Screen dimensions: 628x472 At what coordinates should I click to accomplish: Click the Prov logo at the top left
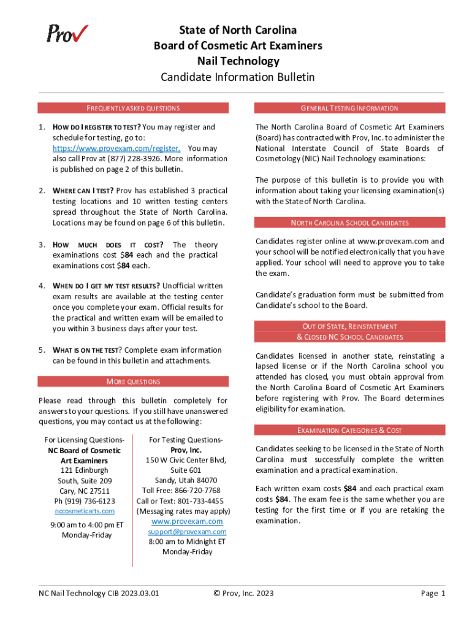tap(67, 33)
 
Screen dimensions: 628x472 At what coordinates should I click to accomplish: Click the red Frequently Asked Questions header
tap(133, 109)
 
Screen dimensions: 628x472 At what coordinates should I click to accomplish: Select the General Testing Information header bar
tap(349, 109)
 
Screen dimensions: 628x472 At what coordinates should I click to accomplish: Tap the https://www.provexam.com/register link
tap(116, 148)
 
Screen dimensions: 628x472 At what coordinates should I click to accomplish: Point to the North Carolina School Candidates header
tap(349, 223)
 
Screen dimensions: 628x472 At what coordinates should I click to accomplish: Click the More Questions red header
tap(133, 382)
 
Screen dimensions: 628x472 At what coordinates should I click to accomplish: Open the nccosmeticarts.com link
tap(85, 511)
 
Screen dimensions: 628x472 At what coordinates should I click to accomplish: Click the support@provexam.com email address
tap(187, 532)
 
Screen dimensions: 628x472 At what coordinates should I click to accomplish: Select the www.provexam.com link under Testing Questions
tap(187, 521)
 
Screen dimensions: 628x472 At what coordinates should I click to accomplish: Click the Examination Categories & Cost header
tap(349, 431)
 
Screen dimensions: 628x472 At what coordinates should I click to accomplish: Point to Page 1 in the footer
tap(433, 593)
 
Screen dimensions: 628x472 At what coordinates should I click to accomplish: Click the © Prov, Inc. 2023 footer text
tap(243, 593)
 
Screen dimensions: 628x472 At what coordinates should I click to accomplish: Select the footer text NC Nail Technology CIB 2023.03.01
tap(99, 593)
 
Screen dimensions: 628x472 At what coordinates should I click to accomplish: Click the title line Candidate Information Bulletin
tap(237, 77)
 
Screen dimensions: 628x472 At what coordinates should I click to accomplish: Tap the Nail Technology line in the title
tap(237, 61)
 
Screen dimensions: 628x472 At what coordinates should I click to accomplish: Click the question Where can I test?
tap(83, 191)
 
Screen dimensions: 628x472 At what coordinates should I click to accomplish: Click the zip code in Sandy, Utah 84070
tap(205, 480)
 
